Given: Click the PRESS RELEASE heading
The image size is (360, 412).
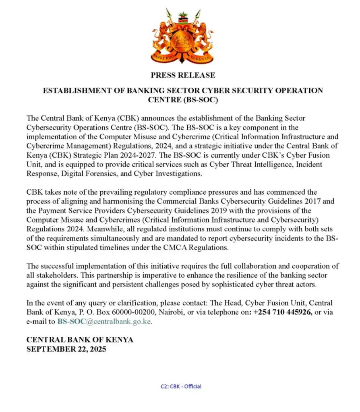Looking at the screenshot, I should point(183,75).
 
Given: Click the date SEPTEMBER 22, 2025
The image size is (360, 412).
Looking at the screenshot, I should point(66,349).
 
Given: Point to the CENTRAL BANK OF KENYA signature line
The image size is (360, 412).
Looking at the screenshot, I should point(80,340).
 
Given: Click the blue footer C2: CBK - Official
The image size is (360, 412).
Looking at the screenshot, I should point(181,386).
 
